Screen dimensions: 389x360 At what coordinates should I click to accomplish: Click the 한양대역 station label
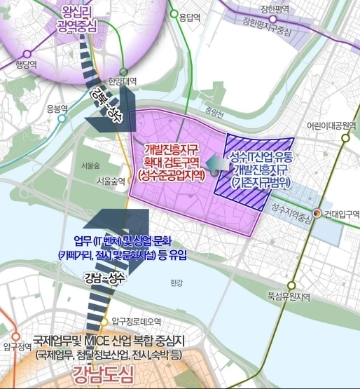(124, 81)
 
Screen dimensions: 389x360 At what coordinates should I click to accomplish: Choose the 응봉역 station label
(57, 109)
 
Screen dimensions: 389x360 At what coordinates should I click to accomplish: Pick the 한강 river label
(175, 283)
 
